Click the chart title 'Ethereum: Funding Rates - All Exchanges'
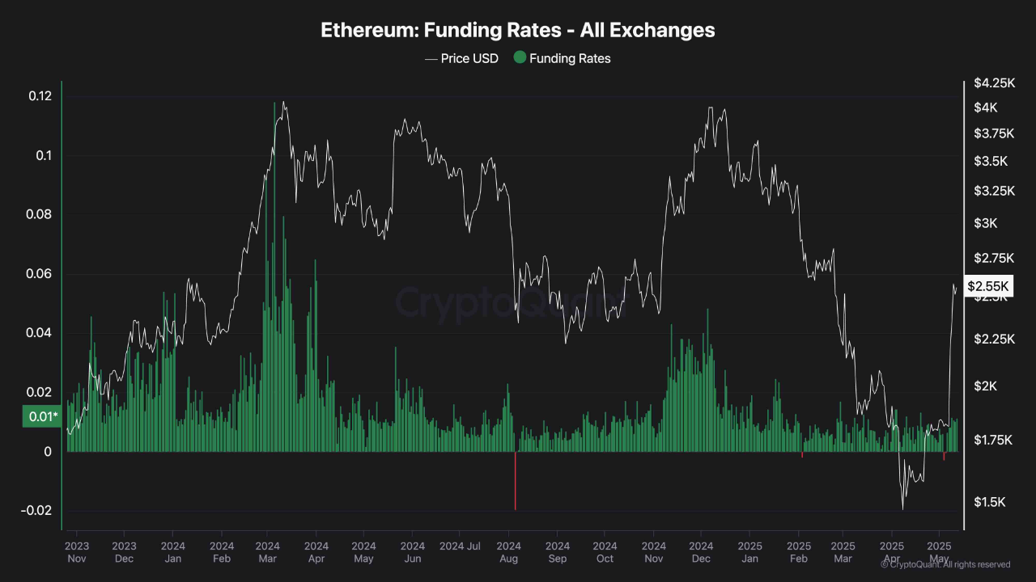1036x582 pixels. point(517,30)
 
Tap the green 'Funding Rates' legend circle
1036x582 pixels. point(520,57)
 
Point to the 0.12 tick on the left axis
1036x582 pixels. point(40,96)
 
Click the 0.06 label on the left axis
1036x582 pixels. point(40,274)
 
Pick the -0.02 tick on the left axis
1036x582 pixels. point(37,511)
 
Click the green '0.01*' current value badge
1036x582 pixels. point(41,416)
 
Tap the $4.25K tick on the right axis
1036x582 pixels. point(993,82)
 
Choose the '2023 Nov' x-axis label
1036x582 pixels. point(77,552)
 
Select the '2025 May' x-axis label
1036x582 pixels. point(939,552)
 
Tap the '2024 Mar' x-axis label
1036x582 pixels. point(268,552)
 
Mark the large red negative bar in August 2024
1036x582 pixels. point(515,480)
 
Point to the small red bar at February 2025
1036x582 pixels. point(802,454)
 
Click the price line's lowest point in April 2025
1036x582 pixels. point(902,508)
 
